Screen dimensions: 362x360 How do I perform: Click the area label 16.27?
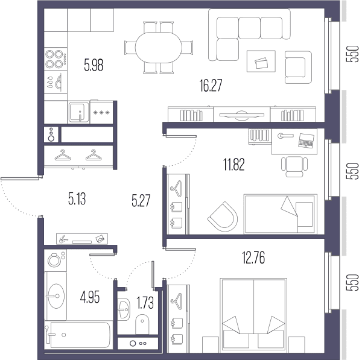(211, 86)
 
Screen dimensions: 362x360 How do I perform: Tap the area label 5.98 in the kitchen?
(94, 65)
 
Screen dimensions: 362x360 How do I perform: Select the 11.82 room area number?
(234, 165)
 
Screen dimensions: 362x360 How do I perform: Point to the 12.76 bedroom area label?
(253, 257)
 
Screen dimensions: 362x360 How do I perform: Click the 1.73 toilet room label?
(145, 303)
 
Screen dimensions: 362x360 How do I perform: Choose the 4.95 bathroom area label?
(90, 297)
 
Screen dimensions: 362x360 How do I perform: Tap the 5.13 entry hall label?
(77, 199)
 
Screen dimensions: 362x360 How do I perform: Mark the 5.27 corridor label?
(141, 201)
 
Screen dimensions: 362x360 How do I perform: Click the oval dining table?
(158, 48)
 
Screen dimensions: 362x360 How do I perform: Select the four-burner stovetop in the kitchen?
(56, 59)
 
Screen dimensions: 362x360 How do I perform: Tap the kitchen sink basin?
(78, 112)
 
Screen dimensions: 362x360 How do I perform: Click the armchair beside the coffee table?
(298, 67)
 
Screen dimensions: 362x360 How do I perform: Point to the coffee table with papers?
(261, 61)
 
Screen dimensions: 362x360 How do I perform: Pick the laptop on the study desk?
(306, 140)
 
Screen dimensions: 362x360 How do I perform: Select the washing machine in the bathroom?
(56, 261)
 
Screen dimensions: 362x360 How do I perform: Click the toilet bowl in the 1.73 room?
(142, 324)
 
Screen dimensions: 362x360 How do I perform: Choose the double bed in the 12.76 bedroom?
(253, 315)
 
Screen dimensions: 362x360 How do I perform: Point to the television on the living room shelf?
(242, 115)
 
